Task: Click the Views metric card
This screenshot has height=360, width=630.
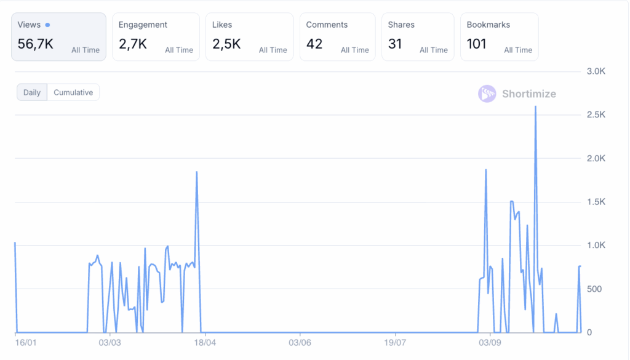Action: pos(58,37)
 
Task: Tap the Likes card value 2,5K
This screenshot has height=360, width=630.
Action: pos(226,44)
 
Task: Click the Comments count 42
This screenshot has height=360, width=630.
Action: pos(314,44)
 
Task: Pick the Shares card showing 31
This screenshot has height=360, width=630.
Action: pos(395,44)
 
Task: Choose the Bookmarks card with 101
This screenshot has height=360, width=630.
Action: pos(477,44)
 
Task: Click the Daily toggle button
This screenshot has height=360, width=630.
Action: pos(32,93)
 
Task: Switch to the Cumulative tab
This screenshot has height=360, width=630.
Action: pos(73,93)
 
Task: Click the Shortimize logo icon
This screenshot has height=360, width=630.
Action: pos(487,94)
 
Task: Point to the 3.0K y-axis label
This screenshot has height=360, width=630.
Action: pos(596,71)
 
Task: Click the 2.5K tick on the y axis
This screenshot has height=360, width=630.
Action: pos(596,115)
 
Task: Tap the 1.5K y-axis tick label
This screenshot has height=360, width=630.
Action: pos(596,202)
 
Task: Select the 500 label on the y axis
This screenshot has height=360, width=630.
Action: pos(594,289)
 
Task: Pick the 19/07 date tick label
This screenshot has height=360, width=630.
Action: pos(394,342)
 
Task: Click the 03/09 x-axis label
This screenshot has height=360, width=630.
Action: pos(488,342)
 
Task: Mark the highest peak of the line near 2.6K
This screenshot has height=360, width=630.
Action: pos(535,107)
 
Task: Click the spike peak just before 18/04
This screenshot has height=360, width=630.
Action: pos(197,172)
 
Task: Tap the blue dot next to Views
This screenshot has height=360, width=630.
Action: pos(48,25)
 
